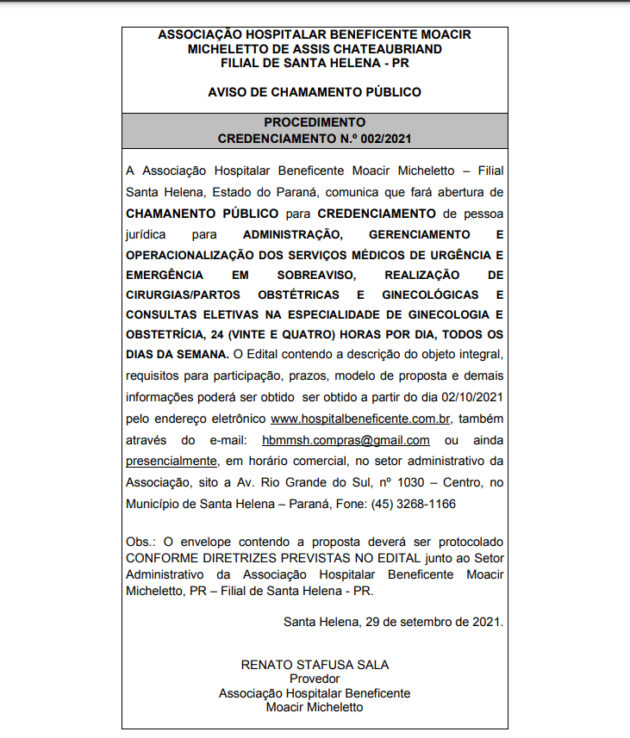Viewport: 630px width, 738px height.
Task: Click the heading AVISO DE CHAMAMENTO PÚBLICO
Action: coord(315,91)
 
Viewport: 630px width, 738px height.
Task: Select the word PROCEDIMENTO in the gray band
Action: coord(315,122)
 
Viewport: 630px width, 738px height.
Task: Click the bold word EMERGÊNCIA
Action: coord(165,275)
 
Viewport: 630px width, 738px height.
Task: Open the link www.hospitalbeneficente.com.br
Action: coord(360,419)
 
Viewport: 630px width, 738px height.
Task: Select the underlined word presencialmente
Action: coord(171,460)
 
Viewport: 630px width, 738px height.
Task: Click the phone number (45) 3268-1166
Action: coord(414,503)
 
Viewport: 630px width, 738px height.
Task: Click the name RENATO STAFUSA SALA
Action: coord(315,665)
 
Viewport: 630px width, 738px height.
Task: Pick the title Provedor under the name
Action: coord(315,679)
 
